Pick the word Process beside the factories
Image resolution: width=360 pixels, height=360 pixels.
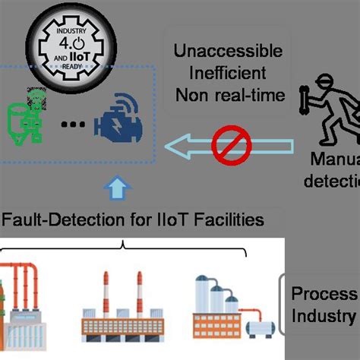click(324, 295)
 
